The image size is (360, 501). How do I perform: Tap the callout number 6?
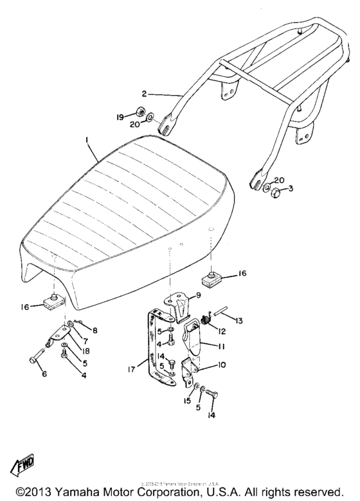click(x=44, y=374)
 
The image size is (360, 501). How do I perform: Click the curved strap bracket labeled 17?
click(x=153, y=351)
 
